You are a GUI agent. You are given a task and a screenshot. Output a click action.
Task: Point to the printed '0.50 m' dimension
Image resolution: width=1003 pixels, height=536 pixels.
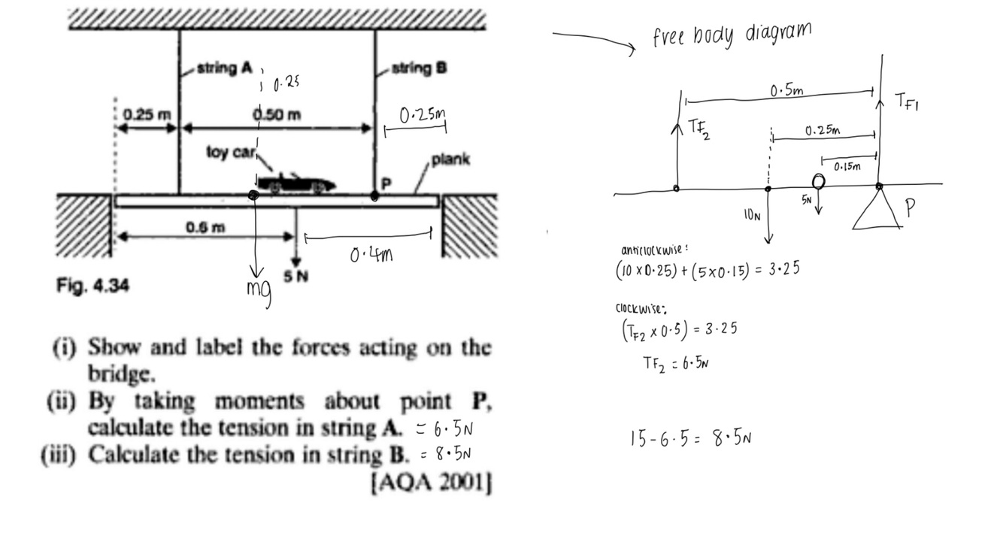click(x=277, y=115)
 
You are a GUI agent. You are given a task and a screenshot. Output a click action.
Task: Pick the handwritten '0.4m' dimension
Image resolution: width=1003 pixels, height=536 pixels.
click(x=372, y=255)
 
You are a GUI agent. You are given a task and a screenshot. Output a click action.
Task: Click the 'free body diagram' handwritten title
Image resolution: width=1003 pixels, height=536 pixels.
click(x=732, y=34)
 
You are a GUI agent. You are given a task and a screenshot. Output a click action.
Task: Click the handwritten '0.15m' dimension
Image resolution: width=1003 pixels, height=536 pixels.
click(x=847, y=166)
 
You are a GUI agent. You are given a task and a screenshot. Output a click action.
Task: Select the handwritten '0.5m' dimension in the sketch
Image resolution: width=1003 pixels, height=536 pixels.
click(x=786, y=92)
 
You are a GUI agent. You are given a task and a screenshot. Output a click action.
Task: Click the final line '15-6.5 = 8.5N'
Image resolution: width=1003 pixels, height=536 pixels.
click(x=690, y=438)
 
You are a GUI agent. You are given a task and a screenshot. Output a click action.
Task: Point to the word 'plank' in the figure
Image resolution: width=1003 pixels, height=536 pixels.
click(x=450, y=159)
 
